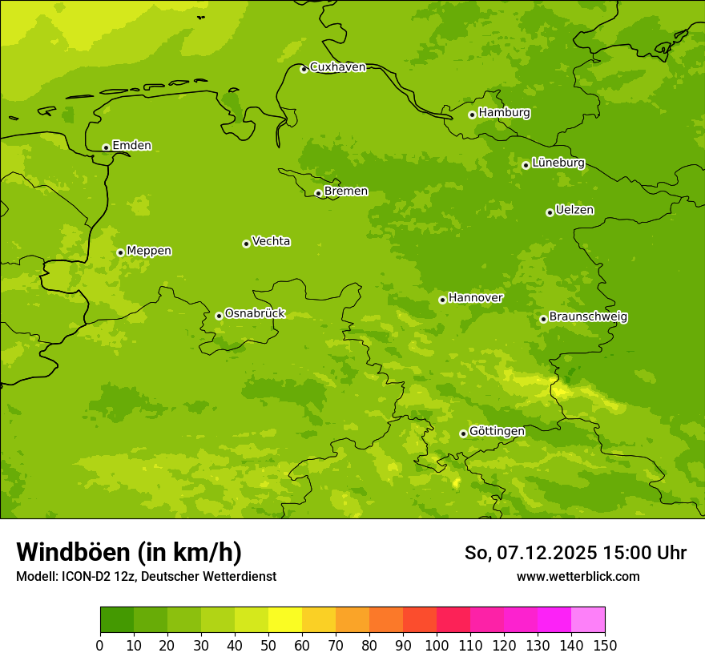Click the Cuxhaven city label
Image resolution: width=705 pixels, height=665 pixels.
pos(337,67)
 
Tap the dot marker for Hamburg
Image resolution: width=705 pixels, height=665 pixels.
pos(472,115)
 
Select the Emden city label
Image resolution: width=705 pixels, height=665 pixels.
pos(131,146)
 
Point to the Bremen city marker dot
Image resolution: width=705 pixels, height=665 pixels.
pos(318,193)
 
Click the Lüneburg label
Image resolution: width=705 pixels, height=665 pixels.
pos(558,163)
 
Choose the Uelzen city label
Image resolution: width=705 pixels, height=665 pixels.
pos(574,210)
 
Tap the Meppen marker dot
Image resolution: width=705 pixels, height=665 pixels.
pos(120,252)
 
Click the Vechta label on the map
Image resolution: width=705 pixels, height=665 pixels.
pos(271,241)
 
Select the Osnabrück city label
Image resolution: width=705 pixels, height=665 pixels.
pos(255,313)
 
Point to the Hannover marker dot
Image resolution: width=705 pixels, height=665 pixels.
pos(442,300)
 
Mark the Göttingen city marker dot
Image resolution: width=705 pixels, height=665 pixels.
pos(463,433)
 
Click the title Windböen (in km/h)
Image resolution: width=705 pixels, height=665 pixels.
pos(129,552)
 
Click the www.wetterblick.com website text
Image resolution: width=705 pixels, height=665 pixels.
pos(578,576)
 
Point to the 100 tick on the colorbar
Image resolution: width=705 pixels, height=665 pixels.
pos(437,645)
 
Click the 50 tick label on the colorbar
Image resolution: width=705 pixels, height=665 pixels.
pos(268,645)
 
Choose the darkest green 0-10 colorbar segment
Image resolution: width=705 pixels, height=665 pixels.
pos(117,620)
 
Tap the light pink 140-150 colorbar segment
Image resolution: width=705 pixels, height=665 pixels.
pos(588,620)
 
